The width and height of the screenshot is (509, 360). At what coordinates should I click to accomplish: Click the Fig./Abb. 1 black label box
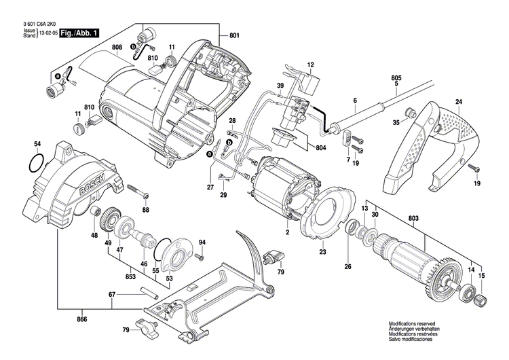pos(80,33)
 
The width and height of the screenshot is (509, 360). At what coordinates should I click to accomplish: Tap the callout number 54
pos(37,144)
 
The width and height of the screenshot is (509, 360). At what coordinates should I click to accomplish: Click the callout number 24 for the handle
pos(458,102)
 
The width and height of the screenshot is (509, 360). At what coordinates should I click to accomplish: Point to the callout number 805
pos(395,78)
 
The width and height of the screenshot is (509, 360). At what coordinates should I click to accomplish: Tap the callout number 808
pos(117,47)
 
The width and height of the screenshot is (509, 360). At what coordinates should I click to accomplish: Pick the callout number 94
pos(202,242)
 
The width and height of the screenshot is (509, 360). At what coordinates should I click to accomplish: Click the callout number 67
pos(113,295)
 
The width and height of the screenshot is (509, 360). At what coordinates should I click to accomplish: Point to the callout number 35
pos(396,123)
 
